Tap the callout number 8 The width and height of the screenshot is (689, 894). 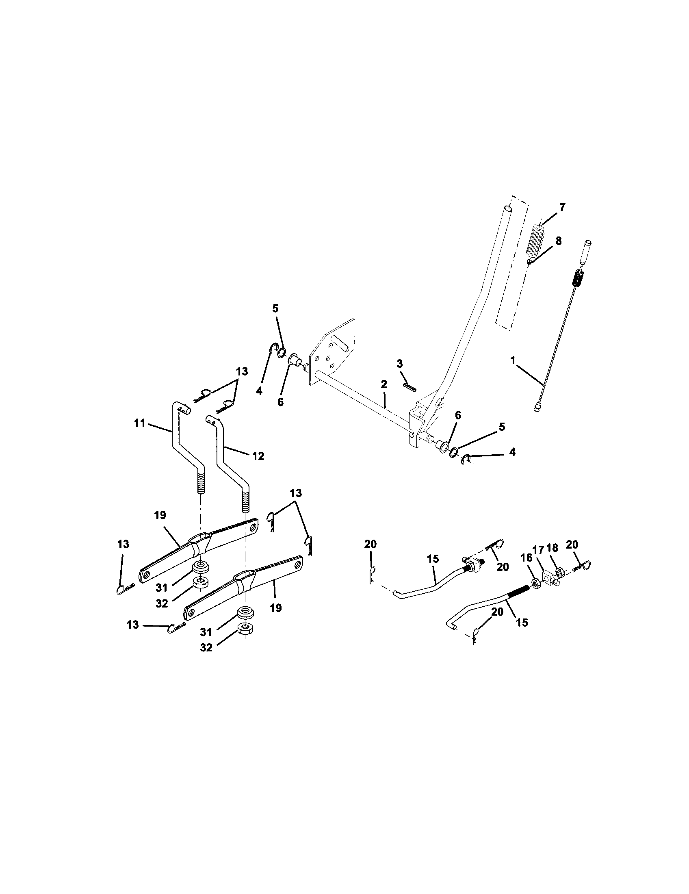[x=558, y=241]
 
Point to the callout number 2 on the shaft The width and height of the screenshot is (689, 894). [x=383, y=384]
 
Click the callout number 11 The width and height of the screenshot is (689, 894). [x=140, y=423]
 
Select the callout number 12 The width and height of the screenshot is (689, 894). [x=258, y=456]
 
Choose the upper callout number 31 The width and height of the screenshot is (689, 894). [x=162, y=588]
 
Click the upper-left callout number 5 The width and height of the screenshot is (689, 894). [x=275, y=308]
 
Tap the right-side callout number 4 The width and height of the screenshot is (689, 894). [x=512, y=452]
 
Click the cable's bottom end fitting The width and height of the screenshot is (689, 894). [x=537, y=406]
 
